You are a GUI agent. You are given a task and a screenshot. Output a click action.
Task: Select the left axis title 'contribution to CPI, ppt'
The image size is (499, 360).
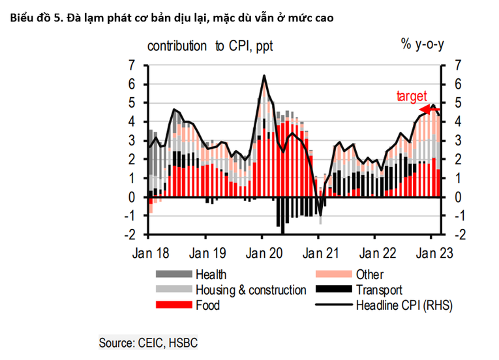point(210,46)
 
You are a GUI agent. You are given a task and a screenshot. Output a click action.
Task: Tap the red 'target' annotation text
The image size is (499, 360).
point(412,97)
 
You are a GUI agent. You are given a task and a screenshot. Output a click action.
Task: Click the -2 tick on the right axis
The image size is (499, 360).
point(457,235)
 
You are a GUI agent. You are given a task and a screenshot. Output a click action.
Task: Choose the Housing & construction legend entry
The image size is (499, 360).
point(250,290)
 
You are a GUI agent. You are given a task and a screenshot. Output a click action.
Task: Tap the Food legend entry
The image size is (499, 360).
point(207,305)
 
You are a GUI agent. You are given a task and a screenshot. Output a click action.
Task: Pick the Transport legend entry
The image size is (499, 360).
point(379,290)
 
